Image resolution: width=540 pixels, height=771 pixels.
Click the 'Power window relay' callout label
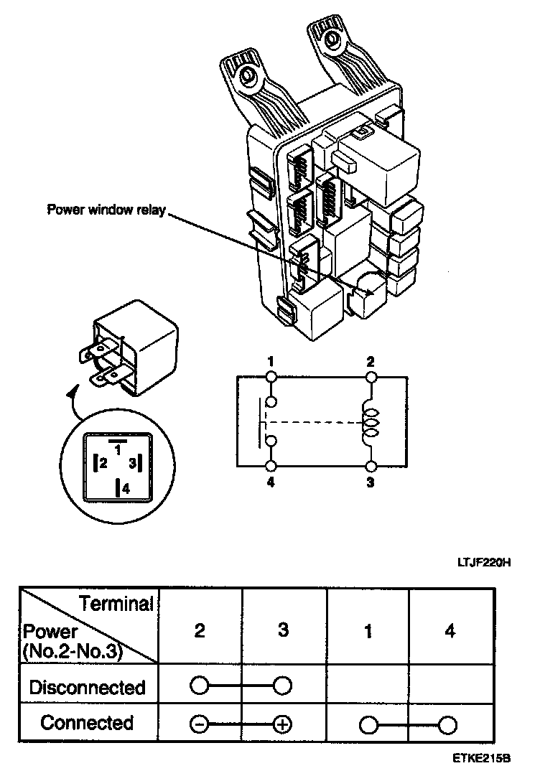106,210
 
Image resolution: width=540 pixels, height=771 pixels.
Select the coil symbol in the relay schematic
371,422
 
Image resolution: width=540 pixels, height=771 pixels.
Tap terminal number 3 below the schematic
371,483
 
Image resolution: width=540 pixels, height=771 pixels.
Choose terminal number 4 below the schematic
271,483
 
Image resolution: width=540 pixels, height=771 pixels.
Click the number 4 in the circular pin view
126,490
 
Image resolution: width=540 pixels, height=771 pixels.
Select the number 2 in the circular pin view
103,464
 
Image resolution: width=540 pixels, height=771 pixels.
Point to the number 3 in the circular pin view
132,464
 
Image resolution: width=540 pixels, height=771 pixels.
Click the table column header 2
200,632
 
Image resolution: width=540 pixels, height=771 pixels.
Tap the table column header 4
450,632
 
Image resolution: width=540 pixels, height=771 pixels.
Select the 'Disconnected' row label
87,687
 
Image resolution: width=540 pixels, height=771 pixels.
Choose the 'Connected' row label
87,723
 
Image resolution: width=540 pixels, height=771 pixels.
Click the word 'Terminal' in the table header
116,604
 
